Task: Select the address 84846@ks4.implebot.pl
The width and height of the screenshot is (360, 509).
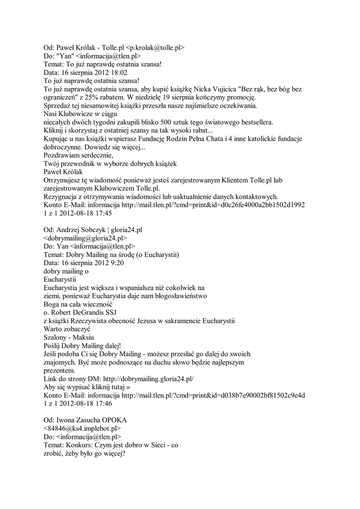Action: point(82,428)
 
